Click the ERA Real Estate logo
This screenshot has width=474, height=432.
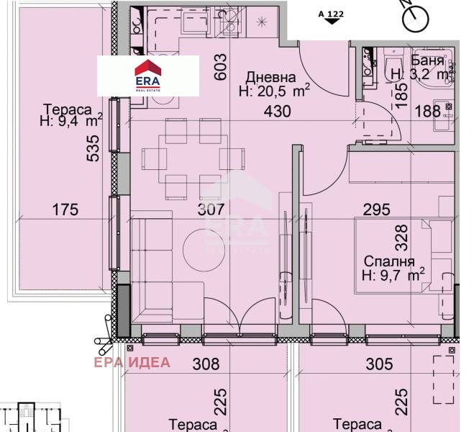click(148, 76)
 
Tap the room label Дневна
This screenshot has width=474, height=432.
click(270, 78)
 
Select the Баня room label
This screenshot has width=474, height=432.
click(427, 60)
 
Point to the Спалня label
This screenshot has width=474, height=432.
click(389, 261)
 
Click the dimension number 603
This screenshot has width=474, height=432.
click(220, 67)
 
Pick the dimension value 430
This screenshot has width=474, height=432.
click(277, 112)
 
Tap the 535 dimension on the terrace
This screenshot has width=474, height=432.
click(93, 148)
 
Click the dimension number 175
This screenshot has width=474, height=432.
click(65, 210)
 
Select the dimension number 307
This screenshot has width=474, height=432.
click(211, 210)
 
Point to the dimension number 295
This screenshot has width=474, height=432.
click(376, 210)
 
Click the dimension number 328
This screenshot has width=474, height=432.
click(401, 238)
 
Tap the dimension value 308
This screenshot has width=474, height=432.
click(206, 364)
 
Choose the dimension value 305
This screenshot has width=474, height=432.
click(379, 364)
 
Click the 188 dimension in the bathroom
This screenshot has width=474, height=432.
click(428, 111)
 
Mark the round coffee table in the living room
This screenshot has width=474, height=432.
click(204, 250)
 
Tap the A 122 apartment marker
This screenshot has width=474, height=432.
click(331, 17)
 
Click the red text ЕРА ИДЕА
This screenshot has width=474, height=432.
click(132, 362)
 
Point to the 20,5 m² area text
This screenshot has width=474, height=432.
click(275, 91)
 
